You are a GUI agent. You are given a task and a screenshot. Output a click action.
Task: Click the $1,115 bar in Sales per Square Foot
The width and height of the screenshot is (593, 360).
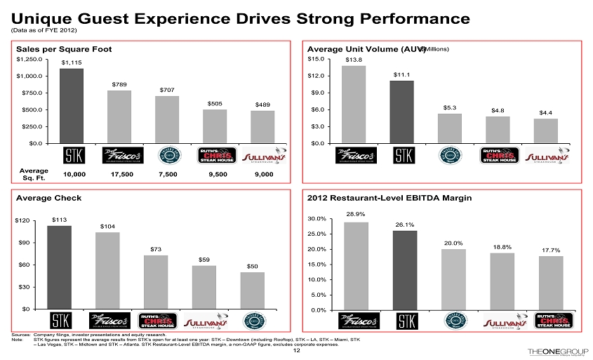(x=71, y=105)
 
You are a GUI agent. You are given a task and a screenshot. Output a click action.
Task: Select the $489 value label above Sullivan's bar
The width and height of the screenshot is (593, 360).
(x=262, y=104)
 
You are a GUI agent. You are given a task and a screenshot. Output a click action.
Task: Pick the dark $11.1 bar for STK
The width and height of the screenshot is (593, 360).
(x=401, y=112)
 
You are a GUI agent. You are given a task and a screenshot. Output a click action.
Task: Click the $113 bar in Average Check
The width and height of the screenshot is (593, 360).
(x=59, y=267)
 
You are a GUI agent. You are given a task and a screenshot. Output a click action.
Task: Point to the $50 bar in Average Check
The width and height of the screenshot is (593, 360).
(x=253, y=290)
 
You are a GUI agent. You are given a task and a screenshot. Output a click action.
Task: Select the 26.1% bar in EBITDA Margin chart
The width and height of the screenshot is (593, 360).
(x=404, y=269)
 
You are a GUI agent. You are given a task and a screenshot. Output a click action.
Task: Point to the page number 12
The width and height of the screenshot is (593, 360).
(x=296, y=351)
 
